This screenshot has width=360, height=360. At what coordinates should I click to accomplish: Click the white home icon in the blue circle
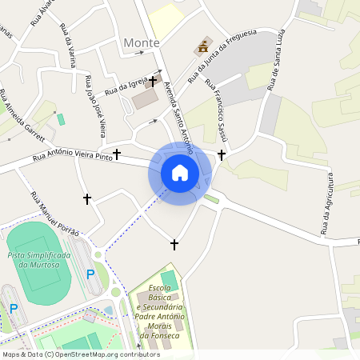point(180,173)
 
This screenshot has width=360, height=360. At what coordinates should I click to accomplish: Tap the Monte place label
point(142,42)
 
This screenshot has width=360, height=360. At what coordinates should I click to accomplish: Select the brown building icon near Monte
point(202,48)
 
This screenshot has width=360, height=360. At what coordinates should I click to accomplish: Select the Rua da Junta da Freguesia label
point(222,56)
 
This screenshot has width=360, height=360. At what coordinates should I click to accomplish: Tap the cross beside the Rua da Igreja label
point(152,81)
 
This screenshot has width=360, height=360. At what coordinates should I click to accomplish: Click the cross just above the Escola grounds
point(174,244)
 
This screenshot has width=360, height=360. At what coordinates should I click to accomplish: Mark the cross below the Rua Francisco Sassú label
point(222,154)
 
